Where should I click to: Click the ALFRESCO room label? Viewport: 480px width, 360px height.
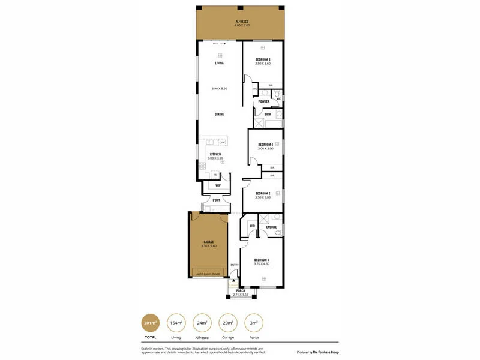coord(242,22)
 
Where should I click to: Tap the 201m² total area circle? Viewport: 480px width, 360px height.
coord(149,323)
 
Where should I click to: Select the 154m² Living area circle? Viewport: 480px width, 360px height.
coord(176,323)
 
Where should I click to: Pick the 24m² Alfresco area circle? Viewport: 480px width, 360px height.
coord(202,323)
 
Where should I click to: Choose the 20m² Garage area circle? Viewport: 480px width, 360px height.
coord(228,323)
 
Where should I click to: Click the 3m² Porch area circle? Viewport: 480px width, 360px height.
coord(254,323)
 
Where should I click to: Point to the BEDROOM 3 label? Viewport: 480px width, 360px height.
coord(263,59)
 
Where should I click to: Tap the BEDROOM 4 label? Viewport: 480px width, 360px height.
coord(266,145)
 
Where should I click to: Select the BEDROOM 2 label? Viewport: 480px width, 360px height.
coord(263,193)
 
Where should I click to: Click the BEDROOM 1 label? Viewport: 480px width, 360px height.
coord(262,260)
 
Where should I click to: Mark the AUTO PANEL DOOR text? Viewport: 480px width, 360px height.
coord(208,274)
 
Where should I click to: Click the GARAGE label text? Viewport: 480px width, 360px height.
coord(208,242)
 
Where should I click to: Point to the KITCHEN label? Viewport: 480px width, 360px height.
coord(215,154)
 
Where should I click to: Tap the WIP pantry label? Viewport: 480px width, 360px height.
coord(218,185)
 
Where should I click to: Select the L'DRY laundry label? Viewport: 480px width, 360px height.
coord(216,200)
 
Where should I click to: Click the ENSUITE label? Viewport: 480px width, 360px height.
coord(271,227)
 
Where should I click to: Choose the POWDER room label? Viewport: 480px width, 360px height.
coord(264,101)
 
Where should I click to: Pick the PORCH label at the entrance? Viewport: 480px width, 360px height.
coord(241,291)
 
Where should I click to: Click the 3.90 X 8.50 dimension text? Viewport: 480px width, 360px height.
coord(220,89)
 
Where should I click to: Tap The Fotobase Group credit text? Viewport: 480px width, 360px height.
coord(317,352)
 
